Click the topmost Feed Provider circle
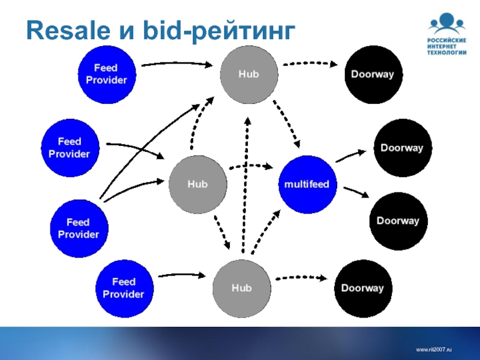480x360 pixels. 107,74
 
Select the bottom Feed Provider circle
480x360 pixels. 124,288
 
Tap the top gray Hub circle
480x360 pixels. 248,74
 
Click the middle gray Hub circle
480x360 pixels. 197,184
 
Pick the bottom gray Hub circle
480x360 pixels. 242,288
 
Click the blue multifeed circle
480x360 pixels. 307,184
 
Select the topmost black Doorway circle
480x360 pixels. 372,74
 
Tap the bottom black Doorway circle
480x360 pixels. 362,288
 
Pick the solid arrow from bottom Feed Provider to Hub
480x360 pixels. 182,275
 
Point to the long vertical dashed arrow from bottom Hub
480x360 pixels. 245,186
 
